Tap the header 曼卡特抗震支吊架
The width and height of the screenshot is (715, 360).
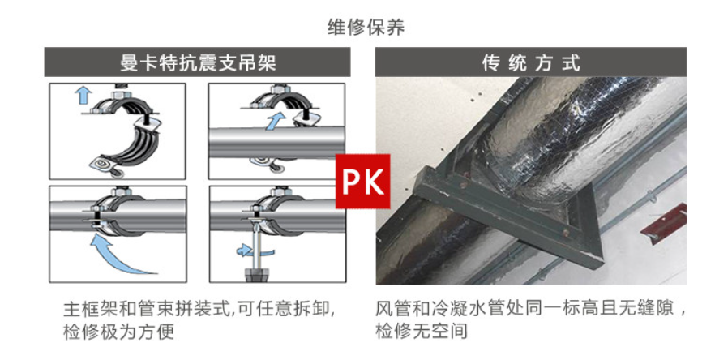[x=199, y=62]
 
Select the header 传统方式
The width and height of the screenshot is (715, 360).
[x=531, y=62]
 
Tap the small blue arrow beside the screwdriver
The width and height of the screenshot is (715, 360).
[x=242, y=249]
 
